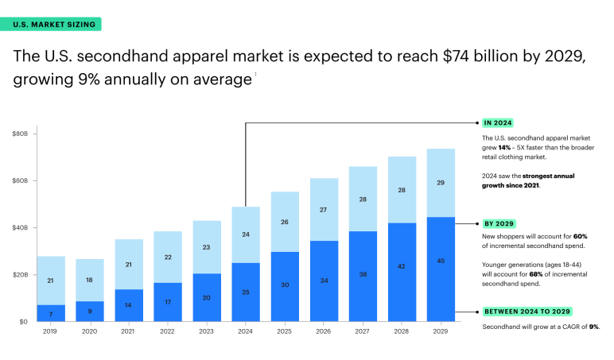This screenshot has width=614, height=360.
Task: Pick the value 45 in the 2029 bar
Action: tap(441, 261)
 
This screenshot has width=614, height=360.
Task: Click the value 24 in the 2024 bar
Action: tap(247, 234)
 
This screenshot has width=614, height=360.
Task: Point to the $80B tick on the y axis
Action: tap(21, 134)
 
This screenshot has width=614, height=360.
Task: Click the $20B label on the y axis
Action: tap(21, 275)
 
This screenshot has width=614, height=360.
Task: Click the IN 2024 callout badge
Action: tap(498, 123)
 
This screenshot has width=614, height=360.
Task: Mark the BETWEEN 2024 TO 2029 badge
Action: tap(527, 312)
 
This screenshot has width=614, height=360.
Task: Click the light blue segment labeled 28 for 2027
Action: tap(363, 199)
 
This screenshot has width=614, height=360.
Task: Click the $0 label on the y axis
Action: tap(24, 321)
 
